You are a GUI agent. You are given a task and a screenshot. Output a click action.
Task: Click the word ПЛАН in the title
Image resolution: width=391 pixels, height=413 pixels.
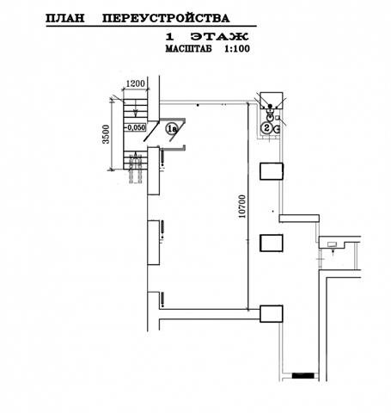click(65, 18)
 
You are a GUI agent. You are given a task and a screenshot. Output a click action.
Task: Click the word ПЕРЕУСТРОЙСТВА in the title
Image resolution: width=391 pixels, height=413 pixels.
click(166, 18)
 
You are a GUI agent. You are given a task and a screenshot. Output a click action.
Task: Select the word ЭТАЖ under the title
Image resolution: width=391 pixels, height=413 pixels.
click(220, 37)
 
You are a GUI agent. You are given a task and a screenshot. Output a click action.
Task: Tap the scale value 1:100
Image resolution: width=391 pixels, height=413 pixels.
click(237, 49)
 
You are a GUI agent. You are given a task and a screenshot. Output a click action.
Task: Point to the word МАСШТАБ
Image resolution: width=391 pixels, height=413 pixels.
click(189, 49)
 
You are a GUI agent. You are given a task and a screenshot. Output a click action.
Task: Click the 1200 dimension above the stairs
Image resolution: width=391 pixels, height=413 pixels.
click(136, 83)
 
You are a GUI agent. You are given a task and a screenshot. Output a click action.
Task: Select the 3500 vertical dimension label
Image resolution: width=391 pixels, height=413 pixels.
click(106, 134)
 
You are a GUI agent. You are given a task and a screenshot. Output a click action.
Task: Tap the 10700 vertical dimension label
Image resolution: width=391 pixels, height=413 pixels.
click(242, 206)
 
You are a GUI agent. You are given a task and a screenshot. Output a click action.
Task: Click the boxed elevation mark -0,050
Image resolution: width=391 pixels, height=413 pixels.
click(135, 127)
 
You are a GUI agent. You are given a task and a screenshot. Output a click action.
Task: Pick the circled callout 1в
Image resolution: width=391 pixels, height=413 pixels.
click(172, 128)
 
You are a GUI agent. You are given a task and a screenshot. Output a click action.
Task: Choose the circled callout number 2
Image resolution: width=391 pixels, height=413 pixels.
click(266, 128)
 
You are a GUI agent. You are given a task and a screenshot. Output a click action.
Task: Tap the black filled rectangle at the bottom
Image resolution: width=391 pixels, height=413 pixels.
click(302, 375)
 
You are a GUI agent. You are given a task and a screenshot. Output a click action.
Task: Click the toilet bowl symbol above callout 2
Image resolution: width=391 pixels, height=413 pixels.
click(269, 115)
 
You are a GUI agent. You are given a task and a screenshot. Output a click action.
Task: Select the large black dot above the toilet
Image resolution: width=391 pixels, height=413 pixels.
click(270, 106)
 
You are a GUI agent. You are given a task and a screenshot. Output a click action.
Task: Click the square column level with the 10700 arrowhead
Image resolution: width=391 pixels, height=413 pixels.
click(272, 314)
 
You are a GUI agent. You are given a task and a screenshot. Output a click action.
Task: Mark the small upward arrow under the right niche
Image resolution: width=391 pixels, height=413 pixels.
click(333, 253)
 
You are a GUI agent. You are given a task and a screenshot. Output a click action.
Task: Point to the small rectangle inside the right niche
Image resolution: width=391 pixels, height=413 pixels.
click(333, 244)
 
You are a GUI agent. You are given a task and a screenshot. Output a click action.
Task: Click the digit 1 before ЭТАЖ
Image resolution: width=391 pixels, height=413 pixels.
click(170, 37)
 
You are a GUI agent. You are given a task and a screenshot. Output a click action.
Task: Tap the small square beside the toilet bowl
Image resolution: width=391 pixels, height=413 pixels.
click(277, 118)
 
